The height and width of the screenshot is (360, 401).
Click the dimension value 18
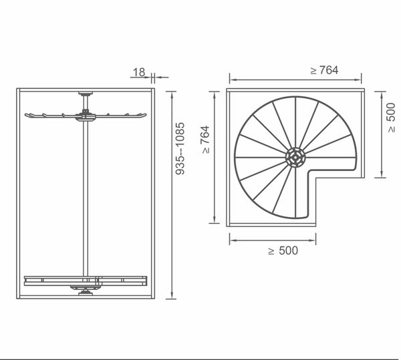[138, 71]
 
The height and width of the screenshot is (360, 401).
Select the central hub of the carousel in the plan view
[295, 158]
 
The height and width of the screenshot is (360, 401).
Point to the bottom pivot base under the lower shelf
[85, 289]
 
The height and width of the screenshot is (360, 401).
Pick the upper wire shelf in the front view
[86, 116]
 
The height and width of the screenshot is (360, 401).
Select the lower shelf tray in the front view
[85, 279]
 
